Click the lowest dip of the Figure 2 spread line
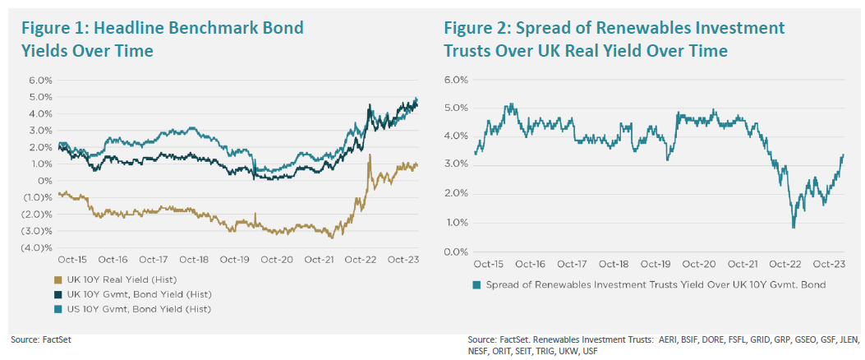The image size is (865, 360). [x=794, y=228]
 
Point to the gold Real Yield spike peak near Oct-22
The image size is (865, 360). [x=370, y=155]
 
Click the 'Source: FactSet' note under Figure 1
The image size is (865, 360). [x=38, y=339]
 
